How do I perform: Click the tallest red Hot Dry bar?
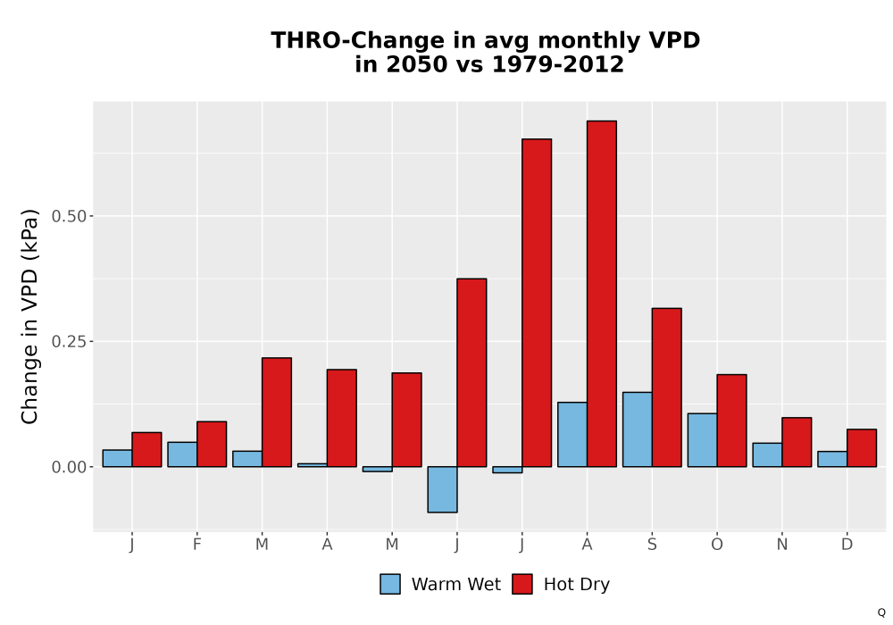601,294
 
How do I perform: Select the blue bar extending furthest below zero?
443,489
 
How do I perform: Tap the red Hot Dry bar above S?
666,387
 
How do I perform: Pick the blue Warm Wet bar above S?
638,429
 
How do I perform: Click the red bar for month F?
212,444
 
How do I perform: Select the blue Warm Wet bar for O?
702,440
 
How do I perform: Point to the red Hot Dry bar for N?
797,442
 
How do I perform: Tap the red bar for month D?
862,448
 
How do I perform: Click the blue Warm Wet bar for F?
182,454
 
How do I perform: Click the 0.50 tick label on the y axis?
69,216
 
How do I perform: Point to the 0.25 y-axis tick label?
69,342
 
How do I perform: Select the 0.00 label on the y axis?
69,467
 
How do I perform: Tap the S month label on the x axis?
652,545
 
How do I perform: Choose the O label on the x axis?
717,545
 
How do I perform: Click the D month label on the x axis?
847,545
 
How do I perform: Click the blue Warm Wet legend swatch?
390,584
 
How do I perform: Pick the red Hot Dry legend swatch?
522,584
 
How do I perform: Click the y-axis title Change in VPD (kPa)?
29,316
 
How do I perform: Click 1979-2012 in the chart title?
557,64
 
